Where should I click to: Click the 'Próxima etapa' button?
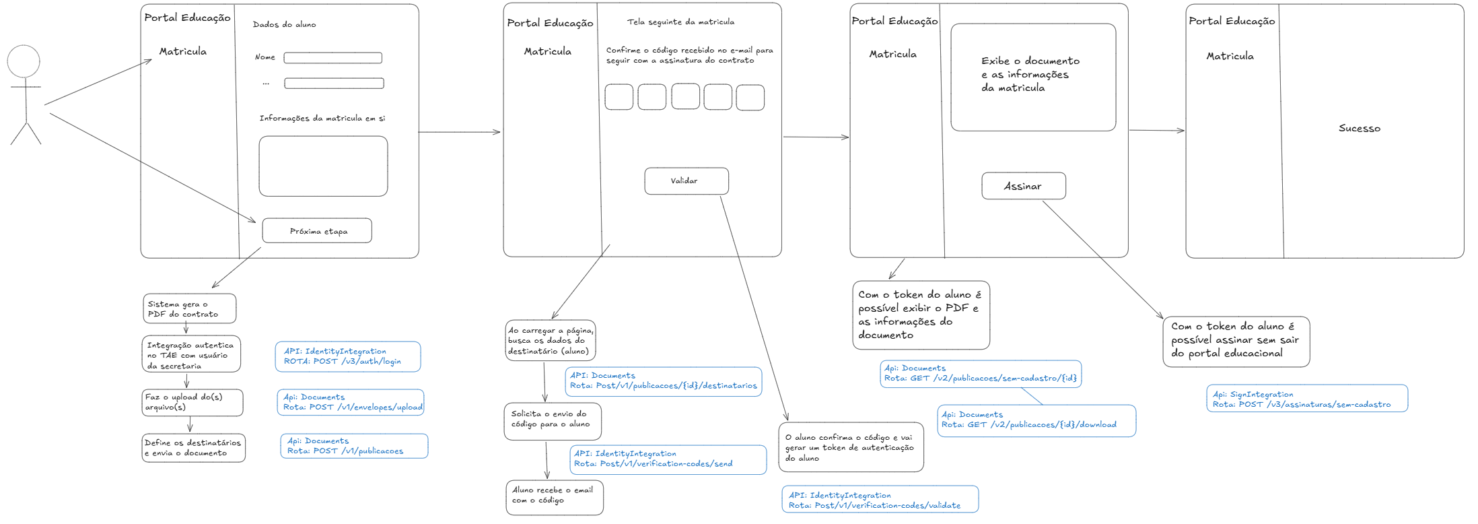(317, 230)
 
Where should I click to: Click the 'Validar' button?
(687, 181)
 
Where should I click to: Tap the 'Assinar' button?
(1024, 186)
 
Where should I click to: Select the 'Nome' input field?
(333, 58)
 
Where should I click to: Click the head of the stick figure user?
(24, 61)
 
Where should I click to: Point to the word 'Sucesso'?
(1359, 128)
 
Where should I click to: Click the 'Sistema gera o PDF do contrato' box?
(190, 308)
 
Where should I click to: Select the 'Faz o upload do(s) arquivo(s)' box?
(192, 403)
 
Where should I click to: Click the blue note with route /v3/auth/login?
(348, 356)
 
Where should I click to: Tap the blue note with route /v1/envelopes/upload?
(351, 402)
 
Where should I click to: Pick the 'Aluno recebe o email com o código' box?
(555, 497)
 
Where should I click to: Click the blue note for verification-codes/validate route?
(880, 500)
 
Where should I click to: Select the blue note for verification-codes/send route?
(668, 459)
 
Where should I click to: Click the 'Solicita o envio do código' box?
(553, 422)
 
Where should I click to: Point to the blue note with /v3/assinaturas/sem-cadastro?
(1307, 399)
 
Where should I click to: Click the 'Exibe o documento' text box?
(1033, 77)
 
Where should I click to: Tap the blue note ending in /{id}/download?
(1036, 420)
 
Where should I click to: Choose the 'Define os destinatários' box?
(194, 448)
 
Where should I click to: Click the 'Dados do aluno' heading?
(284, 24)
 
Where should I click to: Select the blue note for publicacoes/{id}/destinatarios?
(664, 381)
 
